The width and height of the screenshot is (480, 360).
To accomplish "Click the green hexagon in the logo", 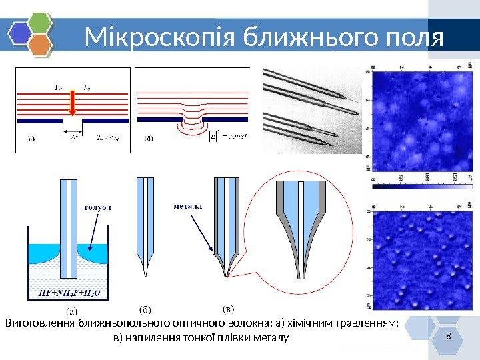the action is pos(41,22).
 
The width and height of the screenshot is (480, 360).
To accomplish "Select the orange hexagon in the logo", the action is pos(41,45).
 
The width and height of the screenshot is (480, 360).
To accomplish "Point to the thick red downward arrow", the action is pos(73,101).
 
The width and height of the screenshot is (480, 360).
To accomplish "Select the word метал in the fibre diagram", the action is pos(188,206).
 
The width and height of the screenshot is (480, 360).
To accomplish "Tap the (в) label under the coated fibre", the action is pos(228,310).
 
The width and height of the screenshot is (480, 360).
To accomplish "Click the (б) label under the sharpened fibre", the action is pos(145,310).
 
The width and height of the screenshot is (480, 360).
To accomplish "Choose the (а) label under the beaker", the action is pos(71,310).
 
